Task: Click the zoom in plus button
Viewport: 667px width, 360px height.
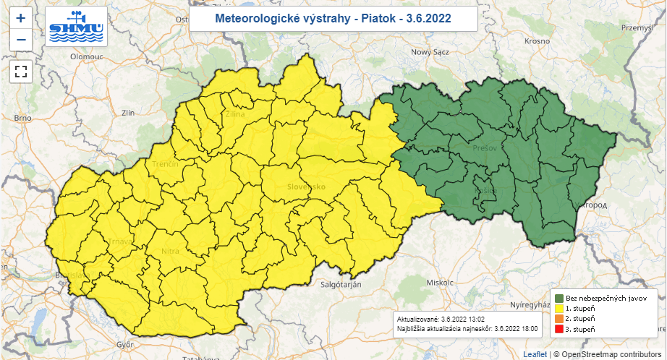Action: (x=21, y=18)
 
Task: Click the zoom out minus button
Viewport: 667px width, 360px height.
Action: (x=21, y=40)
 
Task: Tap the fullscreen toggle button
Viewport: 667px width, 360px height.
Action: (x=21, y=72)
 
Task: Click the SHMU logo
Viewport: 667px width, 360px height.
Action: (x=76, y=27)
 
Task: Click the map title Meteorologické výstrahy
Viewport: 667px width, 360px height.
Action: (x=333, y=18)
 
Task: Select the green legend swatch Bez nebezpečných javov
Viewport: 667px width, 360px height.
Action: (x=559, y=298)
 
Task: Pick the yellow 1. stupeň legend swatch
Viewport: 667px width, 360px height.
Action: (x=559, y=308)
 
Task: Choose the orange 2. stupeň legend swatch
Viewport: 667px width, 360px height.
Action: (x=559, y=318)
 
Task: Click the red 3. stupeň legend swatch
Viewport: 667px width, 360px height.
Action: (x=559, y=329)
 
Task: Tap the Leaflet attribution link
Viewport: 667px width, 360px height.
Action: (x=535, y=354)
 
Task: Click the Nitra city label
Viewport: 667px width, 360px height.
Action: (x=170, y=251)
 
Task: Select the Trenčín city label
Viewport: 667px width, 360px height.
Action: (x=165, y=164)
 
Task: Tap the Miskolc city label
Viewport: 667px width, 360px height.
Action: (x=440, y=282)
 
